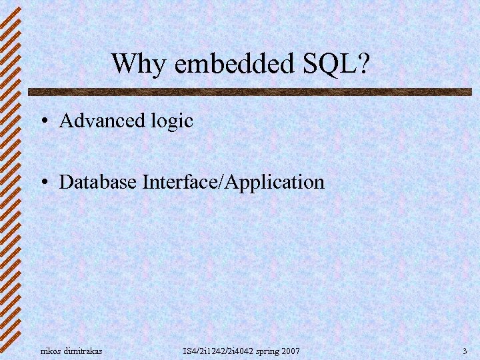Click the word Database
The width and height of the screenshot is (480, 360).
tap(98, 181)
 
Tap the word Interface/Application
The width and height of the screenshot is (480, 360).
tap(233, 182)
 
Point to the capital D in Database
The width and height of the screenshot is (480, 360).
tap(65, 181)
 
